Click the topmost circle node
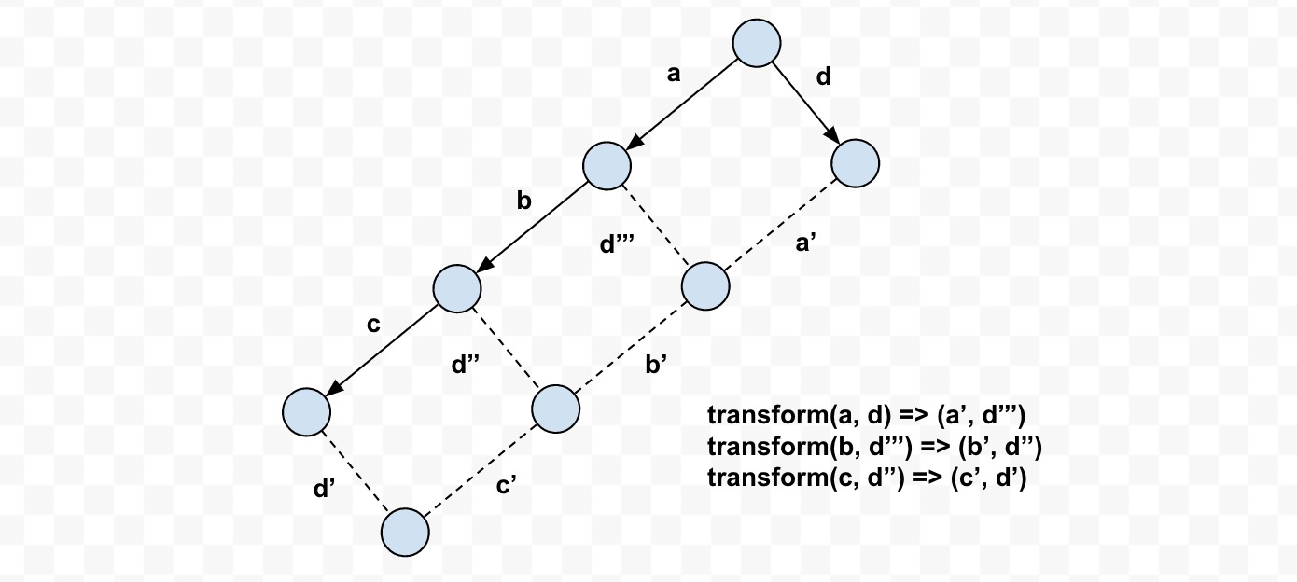tap(756, 43)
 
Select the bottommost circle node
tap(405, 532)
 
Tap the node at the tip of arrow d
tap(855, 164)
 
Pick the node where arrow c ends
tap(307, 410)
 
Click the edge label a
tap(674, 76)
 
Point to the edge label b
tap(524, 201)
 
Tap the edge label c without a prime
tap(373, 325)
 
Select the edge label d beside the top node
tap(823, 76)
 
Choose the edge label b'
tap(656, 365)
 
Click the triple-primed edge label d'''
tap(618, 245)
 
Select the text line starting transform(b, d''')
tap(874, 447)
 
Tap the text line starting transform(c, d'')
tap(867, 478)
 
